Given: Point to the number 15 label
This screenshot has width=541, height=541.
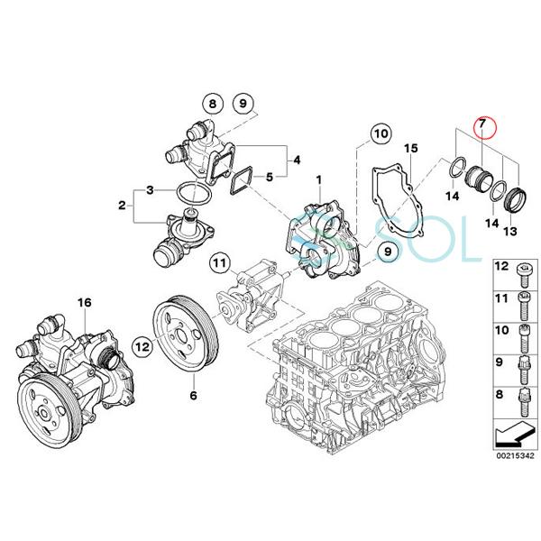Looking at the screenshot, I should pyautogui.click(x=410, y=147).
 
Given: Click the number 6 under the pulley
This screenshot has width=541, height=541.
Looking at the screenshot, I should pyautogui.click(x=192, y=395).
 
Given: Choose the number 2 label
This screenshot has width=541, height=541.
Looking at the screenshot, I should pyautogui.click(x=121, y=206).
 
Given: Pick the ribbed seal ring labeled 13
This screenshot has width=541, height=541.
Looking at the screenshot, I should pyautogui.click(x=516, y=199).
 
